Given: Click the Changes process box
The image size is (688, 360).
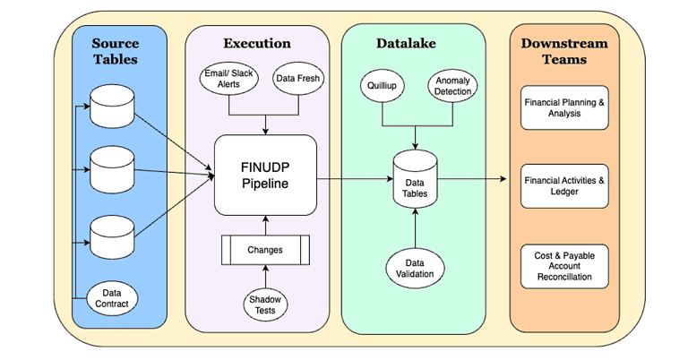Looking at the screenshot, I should point(265,249).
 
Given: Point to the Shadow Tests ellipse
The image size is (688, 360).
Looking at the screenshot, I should point(265,304).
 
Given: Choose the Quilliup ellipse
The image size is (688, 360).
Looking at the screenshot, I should point(383,88).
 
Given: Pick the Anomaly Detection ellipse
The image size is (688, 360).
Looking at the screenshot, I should point(452,86).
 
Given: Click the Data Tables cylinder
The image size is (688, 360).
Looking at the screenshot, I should point(416,180).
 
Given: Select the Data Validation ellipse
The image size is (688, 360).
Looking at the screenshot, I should point(416,267).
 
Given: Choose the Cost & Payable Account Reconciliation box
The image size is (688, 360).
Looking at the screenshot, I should point(564,266).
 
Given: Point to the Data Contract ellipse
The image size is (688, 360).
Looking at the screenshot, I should point(115,298).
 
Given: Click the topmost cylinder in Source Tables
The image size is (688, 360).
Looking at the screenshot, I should point(115,108).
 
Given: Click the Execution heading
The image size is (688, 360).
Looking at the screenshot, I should point(257,43).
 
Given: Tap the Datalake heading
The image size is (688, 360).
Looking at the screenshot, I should point(413,43).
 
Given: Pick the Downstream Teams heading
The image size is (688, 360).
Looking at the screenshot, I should point(564,51).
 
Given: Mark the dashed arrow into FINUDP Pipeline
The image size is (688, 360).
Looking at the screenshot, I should point(175,142).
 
